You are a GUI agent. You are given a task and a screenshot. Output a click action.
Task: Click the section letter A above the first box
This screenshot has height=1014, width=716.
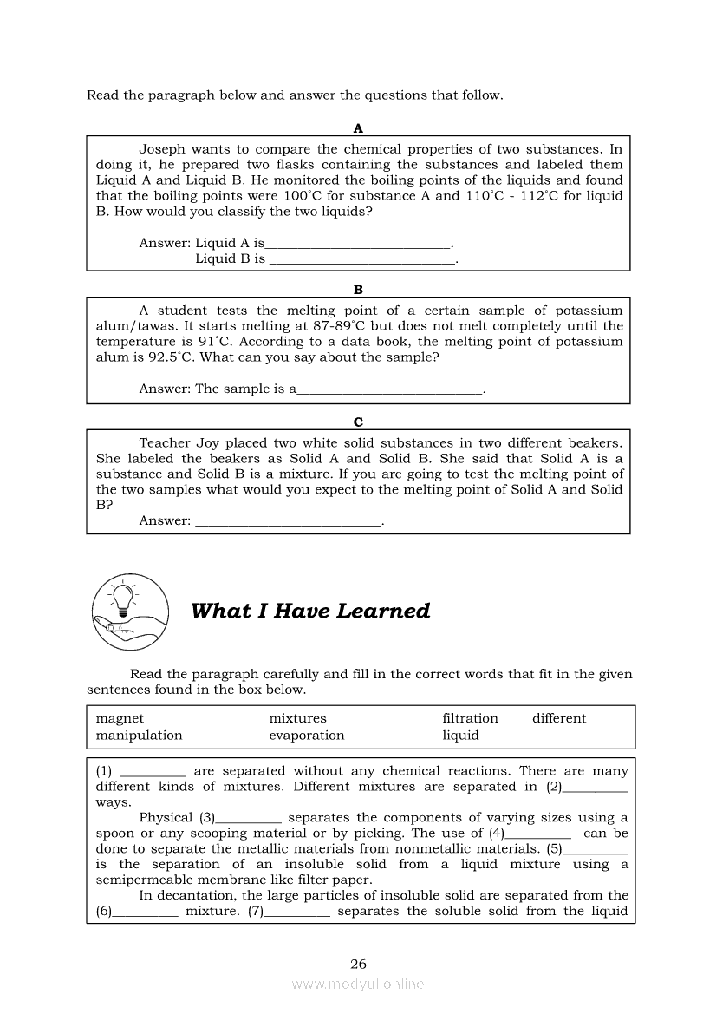click(x=358, y=128)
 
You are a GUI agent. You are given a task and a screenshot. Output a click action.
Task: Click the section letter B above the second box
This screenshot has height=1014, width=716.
click(x=358, y=290)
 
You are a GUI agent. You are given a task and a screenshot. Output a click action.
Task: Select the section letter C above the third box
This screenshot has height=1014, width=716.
click(x=358, y=422)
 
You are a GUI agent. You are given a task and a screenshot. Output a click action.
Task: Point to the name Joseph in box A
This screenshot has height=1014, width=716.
click(x=162, y=149)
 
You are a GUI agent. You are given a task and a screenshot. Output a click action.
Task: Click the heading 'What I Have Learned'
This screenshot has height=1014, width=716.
click(x=309, y=611)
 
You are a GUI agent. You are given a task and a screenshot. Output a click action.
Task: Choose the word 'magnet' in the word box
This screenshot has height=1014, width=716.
click(x=120, y=718)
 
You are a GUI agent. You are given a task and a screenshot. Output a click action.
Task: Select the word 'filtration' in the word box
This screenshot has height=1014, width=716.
click(x=470, y=718)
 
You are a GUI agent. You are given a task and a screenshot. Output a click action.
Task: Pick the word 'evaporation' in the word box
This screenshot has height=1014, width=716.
click(x=306, y=735)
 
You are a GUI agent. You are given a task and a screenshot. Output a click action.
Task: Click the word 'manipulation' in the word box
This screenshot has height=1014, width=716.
click(x=139, y=735)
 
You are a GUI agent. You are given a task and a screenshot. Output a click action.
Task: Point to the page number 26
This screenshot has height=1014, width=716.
click(x=358, y=963)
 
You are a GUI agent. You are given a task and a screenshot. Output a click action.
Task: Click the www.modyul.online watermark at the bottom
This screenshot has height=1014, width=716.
click(x=358, y=984)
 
